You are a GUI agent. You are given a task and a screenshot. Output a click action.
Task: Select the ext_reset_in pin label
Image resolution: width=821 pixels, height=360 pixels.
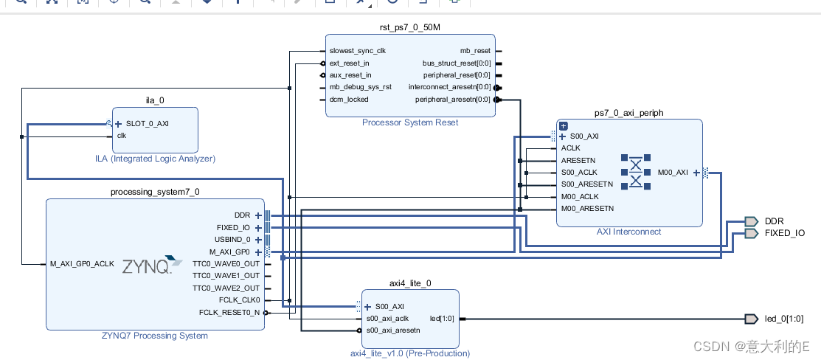(350, 63)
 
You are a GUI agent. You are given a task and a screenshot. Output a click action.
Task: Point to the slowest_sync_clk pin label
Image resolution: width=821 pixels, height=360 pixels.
(357, 51)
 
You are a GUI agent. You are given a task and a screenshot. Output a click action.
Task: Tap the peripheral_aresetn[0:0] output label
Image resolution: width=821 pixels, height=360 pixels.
(453, 100)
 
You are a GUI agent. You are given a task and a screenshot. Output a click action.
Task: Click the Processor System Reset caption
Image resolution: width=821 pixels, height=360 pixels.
(409, 122)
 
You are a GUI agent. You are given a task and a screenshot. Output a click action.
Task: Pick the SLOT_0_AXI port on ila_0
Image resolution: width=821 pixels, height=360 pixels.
(147, 123)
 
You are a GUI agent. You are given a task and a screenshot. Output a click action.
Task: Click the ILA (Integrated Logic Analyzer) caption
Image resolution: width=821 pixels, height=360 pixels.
(155, 159)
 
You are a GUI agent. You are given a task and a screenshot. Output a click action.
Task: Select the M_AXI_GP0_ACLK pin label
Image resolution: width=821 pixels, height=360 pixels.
(82, 264)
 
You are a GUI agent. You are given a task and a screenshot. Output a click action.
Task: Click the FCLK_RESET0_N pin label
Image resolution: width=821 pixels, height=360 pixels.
(229, 313)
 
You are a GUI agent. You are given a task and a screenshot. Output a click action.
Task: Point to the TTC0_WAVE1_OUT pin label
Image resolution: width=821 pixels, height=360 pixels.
(226, 276)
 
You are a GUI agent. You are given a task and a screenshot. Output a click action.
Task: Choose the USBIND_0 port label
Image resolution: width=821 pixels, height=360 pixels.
(233, 240)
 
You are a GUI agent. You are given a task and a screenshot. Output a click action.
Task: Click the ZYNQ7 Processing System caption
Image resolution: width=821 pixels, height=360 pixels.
(155, 336)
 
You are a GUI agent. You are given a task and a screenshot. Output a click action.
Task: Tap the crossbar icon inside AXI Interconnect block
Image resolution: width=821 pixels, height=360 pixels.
(636, 173)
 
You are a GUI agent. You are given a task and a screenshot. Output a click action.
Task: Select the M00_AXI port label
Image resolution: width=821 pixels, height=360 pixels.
(672, 173)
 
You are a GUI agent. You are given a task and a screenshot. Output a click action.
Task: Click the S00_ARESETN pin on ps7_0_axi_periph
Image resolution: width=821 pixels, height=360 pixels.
(587, 184)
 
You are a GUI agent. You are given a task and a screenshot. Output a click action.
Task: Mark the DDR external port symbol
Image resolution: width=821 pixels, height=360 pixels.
(751, 221)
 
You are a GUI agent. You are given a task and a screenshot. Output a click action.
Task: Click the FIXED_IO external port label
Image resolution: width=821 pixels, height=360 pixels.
(784, 233)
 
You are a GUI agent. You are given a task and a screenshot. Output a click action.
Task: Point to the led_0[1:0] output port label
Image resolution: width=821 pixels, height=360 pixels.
(784, 319)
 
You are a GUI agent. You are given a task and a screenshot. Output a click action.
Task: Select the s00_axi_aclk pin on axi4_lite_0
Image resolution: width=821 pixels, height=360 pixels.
(387, 319)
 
